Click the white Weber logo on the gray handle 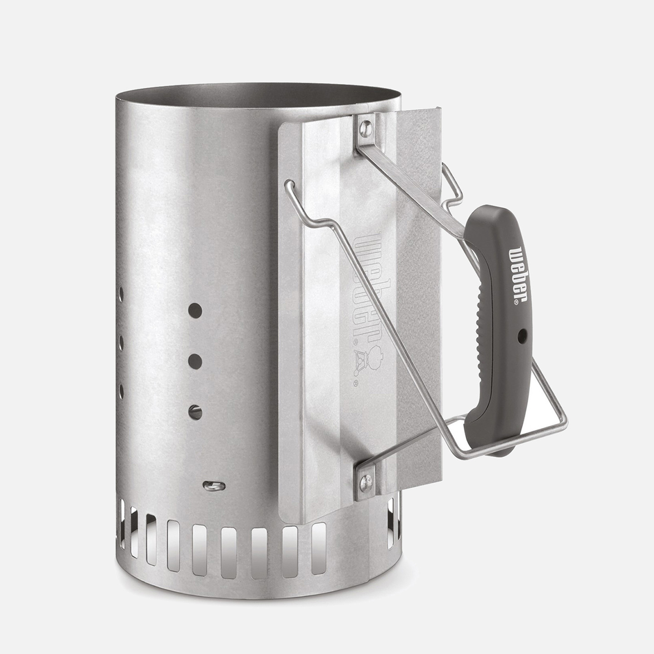click(518, 275)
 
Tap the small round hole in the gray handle click(522, 336)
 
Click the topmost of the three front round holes click(195, 311)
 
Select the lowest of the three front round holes click(195, 412)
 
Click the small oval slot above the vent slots click(214, 486)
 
